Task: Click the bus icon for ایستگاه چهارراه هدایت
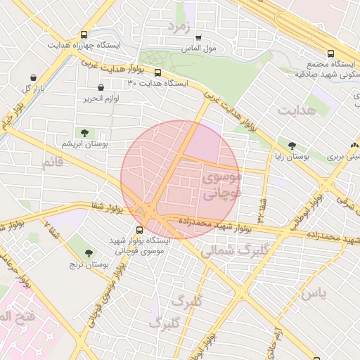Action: click(x=84, y=34)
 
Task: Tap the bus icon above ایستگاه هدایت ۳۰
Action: click(x=157, y=72)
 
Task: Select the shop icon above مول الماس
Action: click(x=198, y=38)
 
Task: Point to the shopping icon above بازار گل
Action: click(x=33, y=77)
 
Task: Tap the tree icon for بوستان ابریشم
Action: click(x=84, y=132)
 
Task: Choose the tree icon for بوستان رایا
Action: click(x=292, y=146)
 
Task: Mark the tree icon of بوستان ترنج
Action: click(x=88, y=253)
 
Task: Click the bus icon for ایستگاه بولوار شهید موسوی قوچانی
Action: click(x=139, y=229)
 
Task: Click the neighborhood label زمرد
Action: click(x=179, y=27)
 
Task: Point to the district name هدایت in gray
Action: click(x=293, y=110)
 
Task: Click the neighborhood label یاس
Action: click(x=313, y=293)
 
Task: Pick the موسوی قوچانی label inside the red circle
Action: click(x=221, y=186)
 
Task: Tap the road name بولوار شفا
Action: click(x=107, y=207)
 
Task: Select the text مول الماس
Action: click(x=198, y=50)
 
